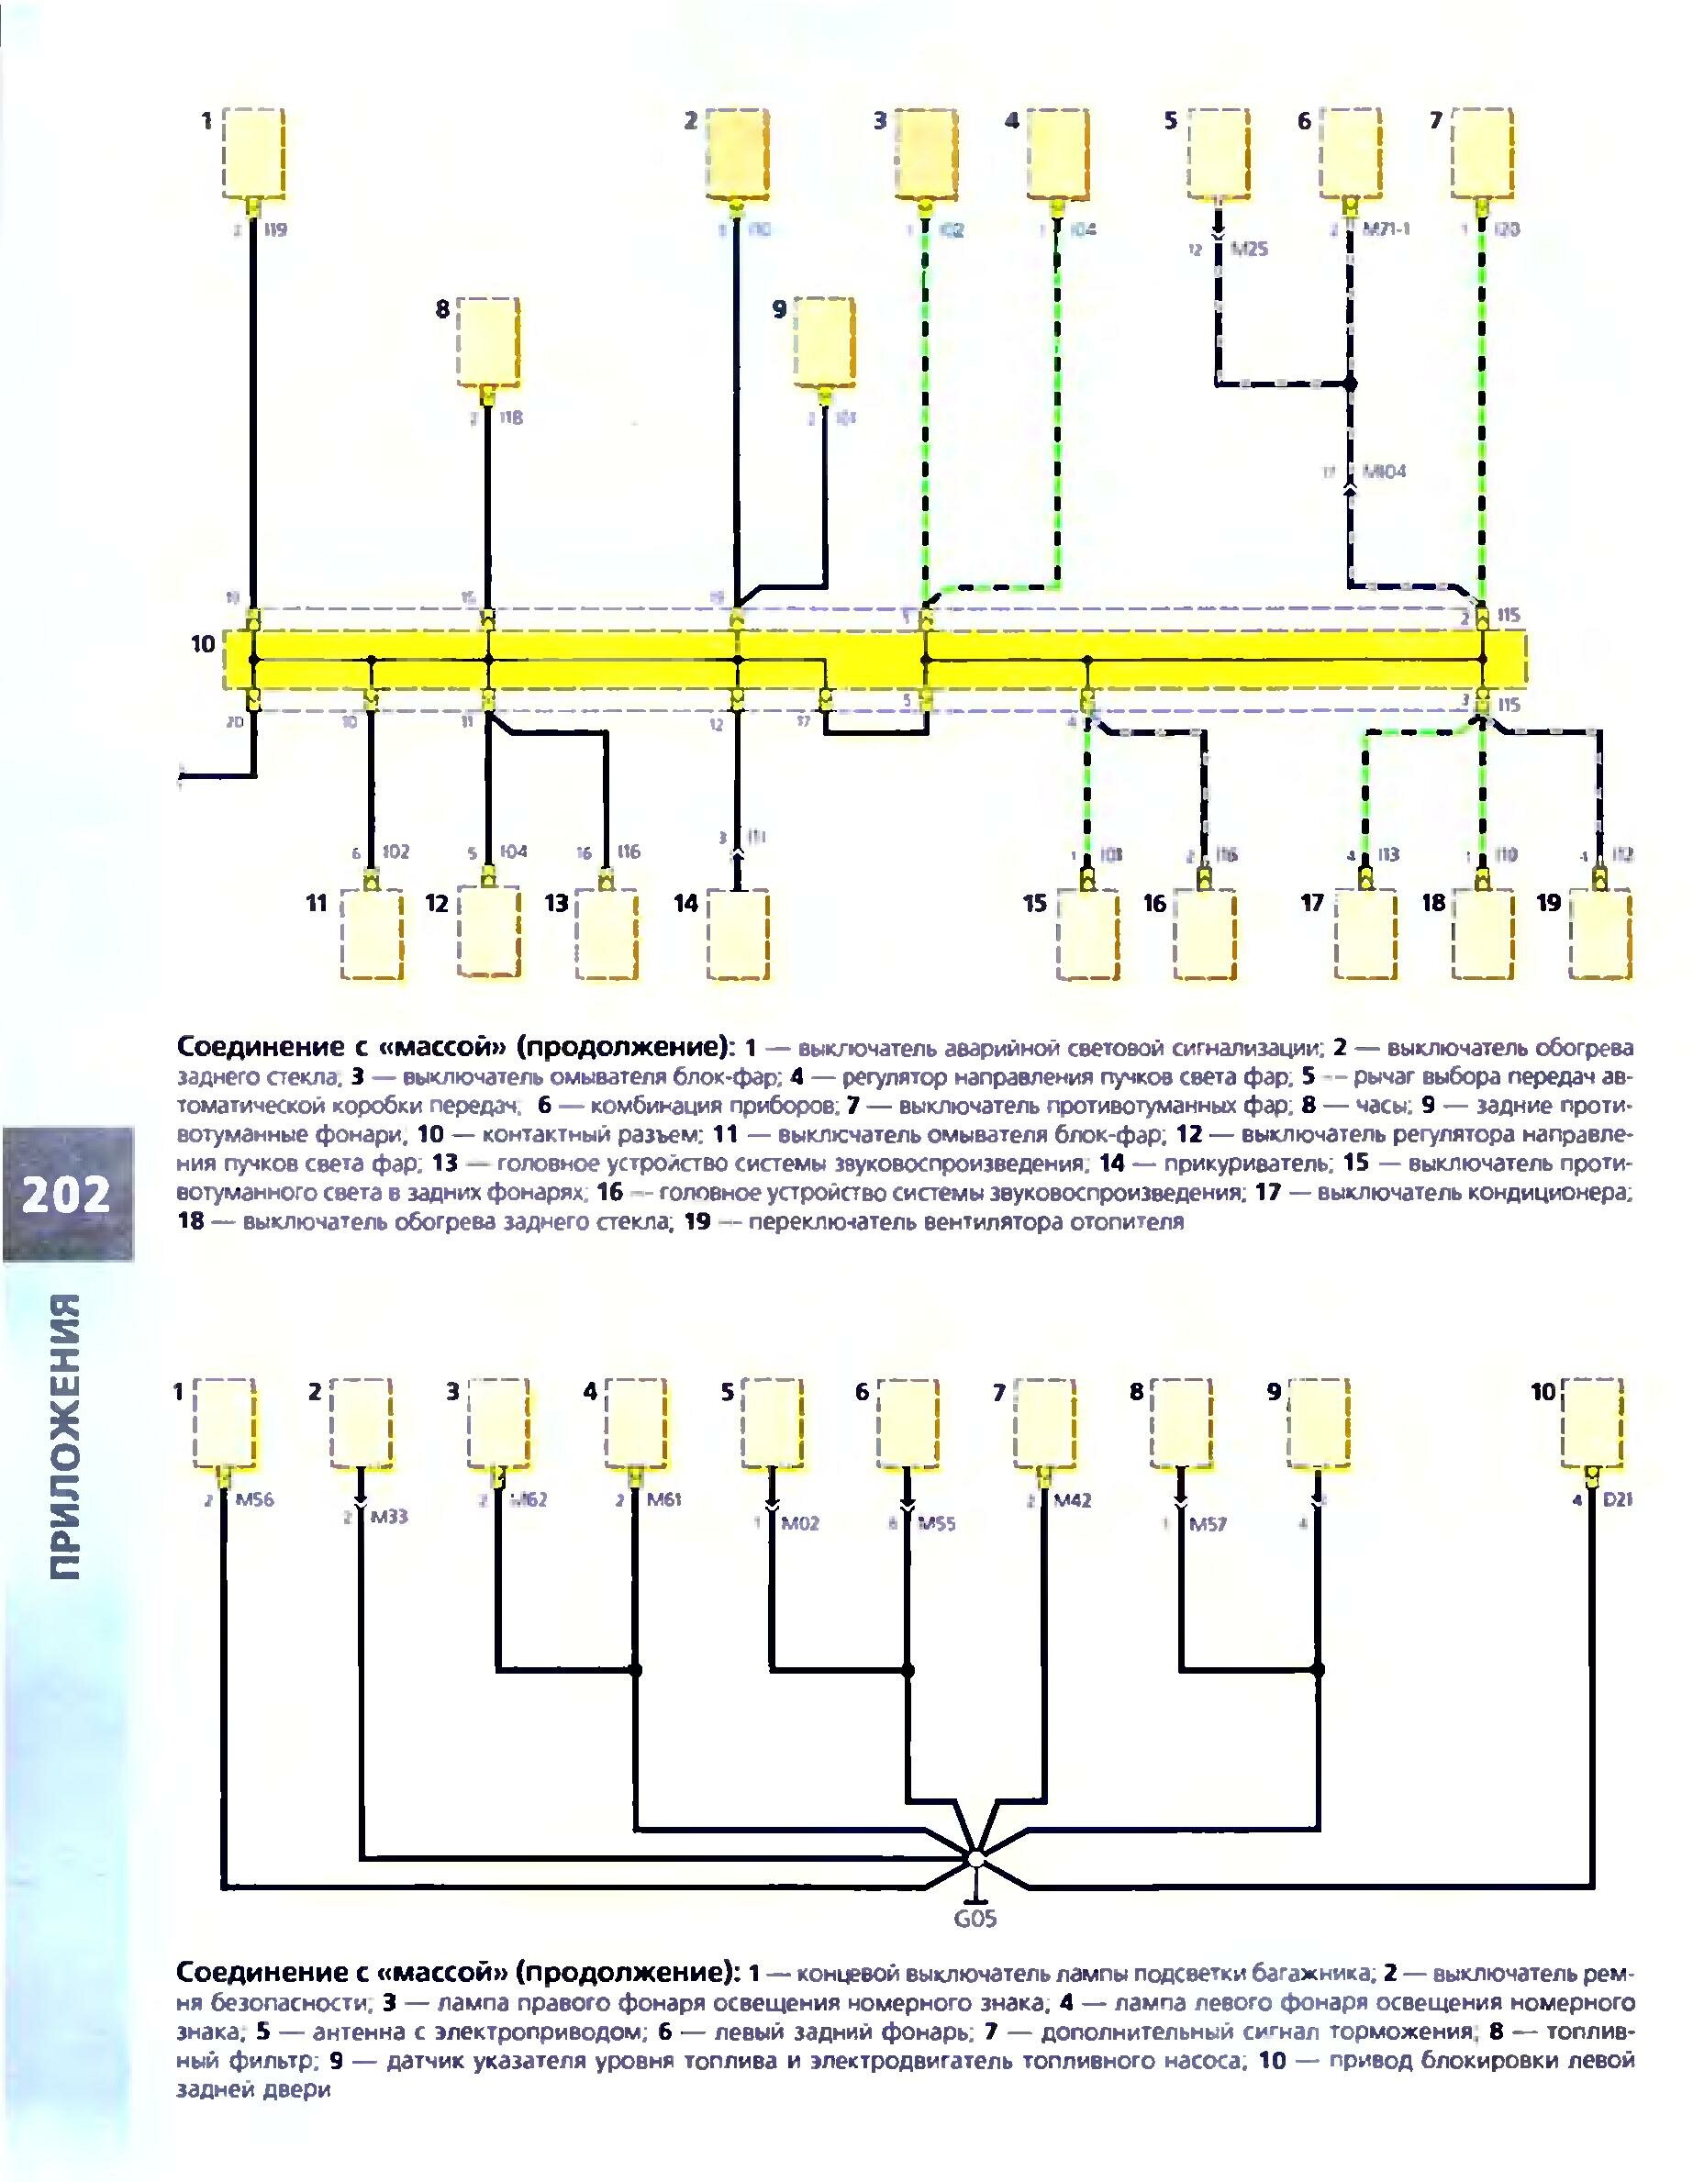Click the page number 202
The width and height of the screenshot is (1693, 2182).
click(x=68, y=1193)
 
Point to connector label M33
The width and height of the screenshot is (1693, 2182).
click(x=389, y=1517)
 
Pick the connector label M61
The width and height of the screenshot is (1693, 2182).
click(x=662, y=1499)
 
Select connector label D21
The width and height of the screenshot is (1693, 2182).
click(x=1617, y=1499)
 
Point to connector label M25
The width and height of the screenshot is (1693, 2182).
click(x=1248, y=249)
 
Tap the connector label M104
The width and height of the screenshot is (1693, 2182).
click(x=1383, y=471)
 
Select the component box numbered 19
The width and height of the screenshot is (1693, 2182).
click(x=1601, y=934)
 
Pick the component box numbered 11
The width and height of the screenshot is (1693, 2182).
click(x=371, y=934)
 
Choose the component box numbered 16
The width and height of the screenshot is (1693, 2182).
click(x=1206, y=934)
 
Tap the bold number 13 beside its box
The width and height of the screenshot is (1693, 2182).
click(x=557, y=903)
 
